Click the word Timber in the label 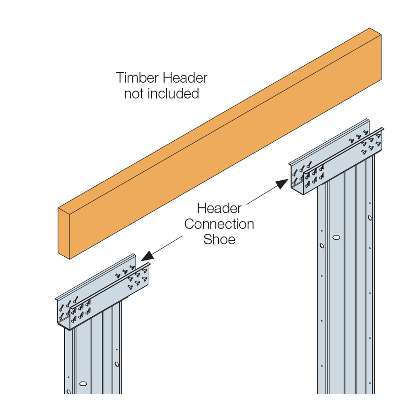point(137,78)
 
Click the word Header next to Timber point(185,78)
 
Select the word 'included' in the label point(173,94)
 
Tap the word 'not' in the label point(134,94)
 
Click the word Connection point(219,224)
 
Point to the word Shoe point(219,239)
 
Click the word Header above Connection point(219,208)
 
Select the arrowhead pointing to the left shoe point(147,256)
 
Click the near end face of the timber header point(64,233)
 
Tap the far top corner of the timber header point(370,28)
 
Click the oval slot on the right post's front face point(336,237)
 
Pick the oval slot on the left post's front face point(83,383)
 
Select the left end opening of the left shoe point(64,314)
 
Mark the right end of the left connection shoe point(149,274)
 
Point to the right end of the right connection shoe point(382,139)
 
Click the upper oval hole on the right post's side point(370,218)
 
